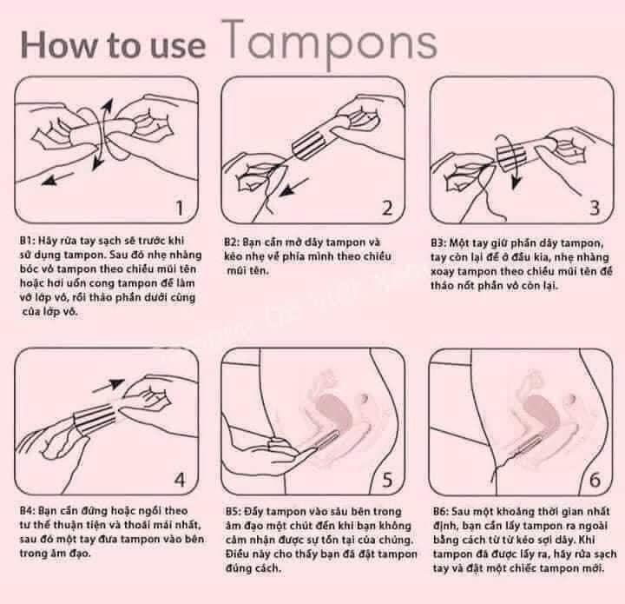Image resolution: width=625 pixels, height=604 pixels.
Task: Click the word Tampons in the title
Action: (x=334, y=41)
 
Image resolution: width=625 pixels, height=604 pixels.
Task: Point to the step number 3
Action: (x=595, y=208)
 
